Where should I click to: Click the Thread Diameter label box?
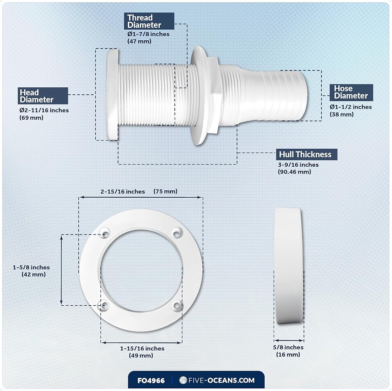[x=149, y=21]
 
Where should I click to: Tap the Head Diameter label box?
[x=43, y=96]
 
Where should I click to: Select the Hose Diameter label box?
[x=351, y=92]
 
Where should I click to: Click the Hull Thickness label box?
[x=307, y=154]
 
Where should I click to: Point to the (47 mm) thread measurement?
[x=139, y=41]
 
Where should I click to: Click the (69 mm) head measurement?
[x=31, y=117]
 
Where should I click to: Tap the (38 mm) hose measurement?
[x=341, y=114]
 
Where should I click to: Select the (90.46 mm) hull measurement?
[x=294, y=172]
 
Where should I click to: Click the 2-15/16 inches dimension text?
[x=123, y=191]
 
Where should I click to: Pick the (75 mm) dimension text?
[x=165, y=191]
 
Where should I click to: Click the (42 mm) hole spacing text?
[x=33, y=274]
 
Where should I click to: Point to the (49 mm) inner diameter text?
[x=141, y=355]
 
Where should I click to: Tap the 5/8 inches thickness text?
[x=288, y=347]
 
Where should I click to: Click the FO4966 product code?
[x=151, y=380]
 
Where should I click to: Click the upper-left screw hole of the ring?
[x=105, y=234]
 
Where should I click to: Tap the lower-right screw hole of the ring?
[x=177, y=306]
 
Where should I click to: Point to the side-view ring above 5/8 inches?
[x=289, y=266]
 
